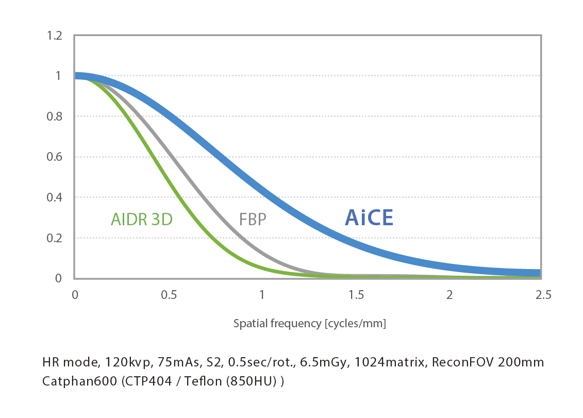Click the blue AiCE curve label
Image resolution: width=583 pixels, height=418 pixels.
click(x=369, y=218)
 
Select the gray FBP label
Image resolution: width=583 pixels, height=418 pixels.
click(x=253, y=220)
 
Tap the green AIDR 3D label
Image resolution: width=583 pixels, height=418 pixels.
click(x=142, y=220)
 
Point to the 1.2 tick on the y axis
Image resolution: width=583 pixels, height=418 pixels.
click(x=54, y=36)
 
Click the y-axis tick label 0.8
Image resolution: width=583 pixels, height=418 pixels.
click(x=54, y=117)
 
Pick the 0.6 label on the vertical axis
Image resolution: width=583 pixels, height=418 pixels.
click(x=54, y=157)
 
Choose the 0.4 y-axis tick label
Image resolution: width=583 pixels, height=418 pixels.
click(x=54, y=197)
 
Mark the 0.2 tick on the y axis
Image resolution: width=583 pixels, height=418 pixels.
click(x=54, y=238)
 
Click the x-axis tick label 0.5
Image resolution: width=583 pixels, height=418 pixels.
click(x=169, y=295)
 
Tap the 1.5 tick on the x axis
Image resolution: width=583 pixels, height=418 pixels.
click(x=356, y=295)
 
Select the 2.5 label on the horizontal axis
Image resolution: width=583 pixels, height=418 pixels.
click(x=543, y=295)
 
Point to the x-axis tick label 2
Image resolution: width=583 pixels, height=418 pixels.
click(x=449, y=295)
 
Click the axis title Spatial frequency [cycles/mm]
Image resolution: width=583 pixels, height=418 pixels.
click(x=310, y=324)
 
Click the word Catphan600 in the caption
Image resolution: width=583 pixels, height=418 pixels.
click(x=79, y=381)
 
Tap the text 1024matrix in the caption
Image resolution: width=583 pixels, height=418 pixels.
click(x=390, y=362)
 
